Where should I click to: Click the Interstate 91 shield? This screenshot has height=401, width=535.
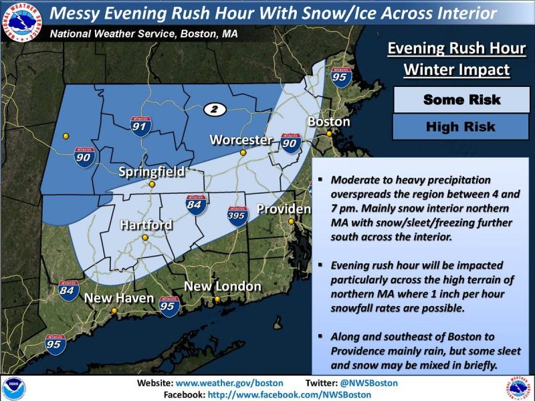(140, 126)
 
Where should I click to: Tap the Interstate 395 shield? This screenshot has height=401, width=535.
(237, 214)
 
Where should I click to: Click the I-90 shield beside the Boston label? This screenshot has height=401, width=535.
(290, 142)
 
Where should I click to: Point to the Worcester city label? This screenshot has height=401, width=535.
(241, 140)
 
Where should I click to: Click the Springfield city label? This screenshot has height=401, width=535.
(151, 172)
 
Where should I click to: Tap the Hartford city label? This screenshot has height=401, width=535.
(146, 225)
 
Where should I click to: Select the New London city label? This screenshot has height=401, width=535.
(222, 286)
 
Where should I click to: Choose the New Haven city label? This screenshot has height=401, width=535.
(119, 298)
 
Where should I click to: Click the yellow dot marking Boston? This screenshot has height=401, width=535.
(329, 134)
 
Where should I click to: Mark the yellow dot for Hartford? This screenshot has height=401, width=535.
(144, 237)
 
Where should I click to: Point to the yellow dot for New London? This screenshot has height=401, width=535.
(217, 299)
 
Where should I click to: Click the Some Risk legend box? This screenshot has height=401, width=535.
(461, 100)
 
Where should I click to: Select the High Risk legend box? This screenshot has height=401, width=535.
(461, 126)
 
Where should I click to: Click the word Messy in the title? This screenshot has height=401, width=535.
(78, 13)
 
